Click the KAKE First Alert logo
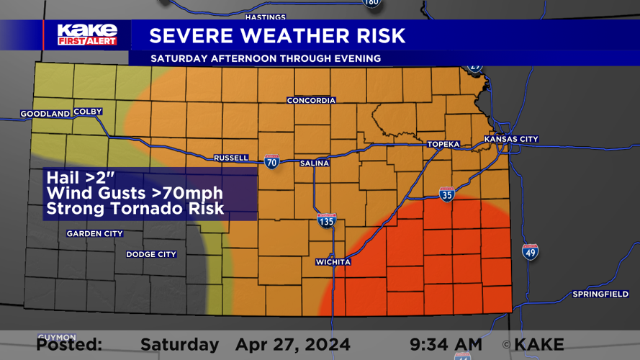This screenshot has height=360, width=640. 86,34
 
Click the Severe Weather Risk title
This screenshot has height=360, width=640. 277,35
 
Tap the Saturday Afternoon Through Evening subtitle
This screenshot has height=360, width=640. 266,58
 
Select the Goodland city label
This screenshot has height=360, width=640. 45,114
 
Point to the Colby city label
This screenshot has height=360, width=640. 88,112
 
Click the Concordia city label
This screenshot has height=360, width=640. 311,100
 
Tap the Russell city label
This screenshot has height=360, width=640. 231,158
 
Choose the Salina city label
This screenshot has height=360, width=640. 315,163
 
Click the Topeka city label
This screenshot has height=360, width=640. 443,144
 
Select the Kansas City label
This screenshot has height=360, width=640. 511,139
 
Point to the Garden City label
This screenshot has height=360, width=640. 94,233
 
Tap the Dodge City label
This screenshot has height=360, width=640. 151,254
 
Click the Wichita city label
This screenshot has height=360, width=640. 333,262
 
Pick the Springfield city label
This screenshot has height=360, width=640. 600,294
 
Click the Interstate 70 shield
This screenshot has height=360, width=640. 271,161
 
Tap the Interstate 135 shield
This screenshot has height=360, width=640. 326,220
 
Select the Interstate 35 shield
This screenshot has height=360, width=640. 446,194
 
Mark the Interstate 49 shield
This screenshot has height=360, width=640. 530,251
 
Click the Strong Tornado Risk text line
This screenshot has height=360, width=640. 135,209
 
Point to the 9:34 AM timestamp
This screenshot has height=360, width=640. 446,345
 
